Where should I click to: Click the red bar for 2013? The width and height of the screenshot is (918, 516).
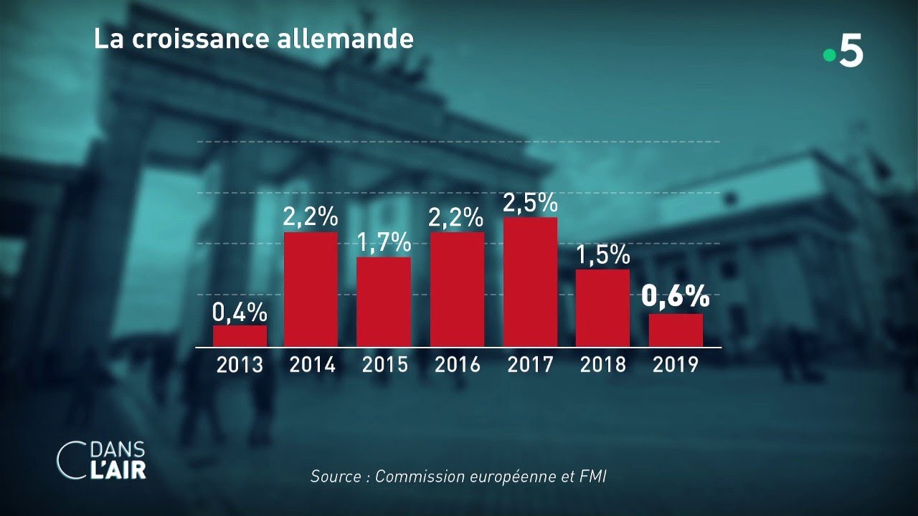[x=240, y=336]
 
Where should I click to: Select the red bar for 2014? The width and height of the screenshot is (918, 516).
[x=311, y=290]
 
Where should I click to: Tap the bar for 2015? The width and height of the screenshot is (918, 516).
[x=384, y=302]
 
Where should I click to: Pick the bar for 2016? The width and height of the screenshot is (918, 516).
[x=457, y=290]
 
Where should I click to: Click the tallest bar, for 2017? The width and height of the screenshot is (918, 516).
[x=530, y=282]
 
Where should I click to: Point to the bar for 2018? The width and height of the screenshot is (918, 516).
[x=602, y=308]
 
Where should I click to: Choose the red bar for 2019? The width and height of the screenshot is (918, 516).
[x=676, y=330]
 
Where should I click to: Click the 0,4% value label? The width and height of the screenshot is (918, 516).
[x=240, y=312]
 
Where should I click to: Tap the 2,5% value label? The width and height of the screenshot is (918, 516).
[x=530, y=203]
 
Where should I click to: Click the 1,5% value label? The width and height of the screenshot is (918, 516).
[x=602, y=255]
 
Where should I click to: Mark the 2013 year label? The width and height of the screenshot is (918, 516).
[x=240, y=365]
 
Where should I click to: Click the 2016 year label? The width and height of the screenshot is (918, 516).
[x=457, y=365]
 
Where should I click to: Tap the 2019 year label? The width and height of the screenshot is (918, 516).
[x=676, y=365]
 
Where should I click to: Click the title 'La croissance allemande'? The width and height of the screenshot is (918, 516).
[x=253, y=39]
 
